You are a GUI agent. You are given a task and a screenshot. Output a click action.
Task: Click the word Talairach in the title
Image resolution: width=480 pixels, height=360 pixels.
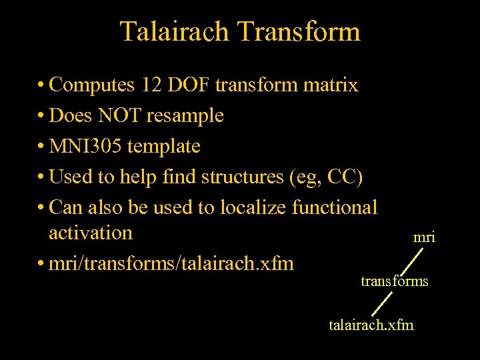(x=174, y=31)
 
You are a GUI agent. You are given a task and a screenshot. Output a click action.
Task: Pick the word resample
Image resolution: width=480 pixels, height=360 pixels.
(x=185, y=115)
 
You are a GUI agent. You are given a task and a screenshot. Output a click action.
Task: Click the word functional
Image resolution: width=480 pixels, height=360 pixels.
(x=335, y=207)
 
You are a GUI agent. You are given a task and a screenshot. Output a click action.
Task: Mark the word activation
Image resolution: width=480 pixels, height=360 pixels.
(x=91, y=233)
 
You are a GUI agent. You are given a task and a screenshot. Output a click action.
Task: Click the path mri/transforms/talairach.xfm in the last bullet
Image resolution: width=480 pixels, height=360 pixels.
(x=171, y=263)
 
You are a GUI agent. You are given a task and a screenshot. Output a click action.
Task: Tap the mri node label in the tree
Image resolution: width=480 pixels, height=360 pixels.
(x=425, y=237)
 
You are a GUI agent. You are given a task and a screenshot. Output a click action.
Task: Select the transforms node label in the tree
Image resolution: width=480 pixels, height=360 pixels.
(x=395, y=281)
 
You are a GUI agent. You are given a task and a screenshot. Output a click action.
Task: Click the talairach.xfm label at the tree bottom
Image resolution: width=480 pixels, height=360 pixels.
(x=371, y=325)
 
